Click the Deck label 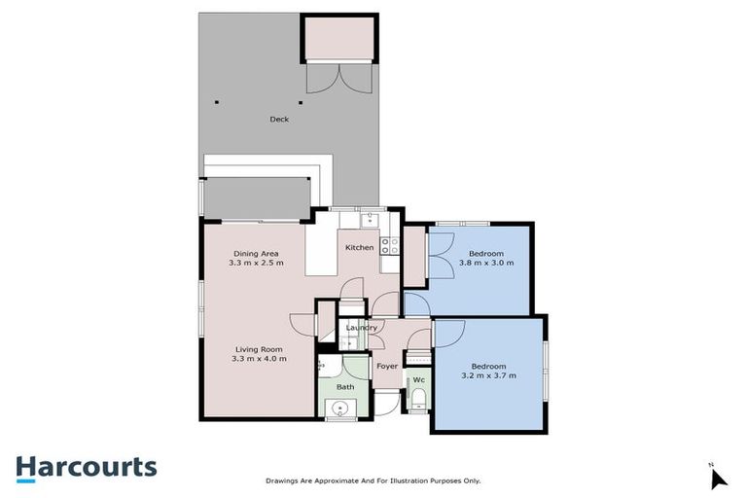[x=279, y=120]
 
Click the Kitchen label [x=359, y=248]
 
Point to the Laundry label [x=362, y=328]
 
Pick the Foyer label [x=387, y=367]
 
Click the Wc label [x=418, y=379]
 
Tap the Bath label [x=345, y=386]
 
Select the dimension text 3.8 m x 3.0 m [x=485, y=264]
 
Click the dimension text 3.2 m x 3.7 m [x=488, y=375]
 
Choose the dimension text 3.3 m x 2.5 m [x=256, y=263]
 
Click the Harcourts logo [x=86, y=467]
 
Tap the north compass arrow [x=718, y=478]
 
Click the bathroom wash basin [x=337, y=409]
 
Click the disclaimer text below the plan [x=373, y=480]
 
